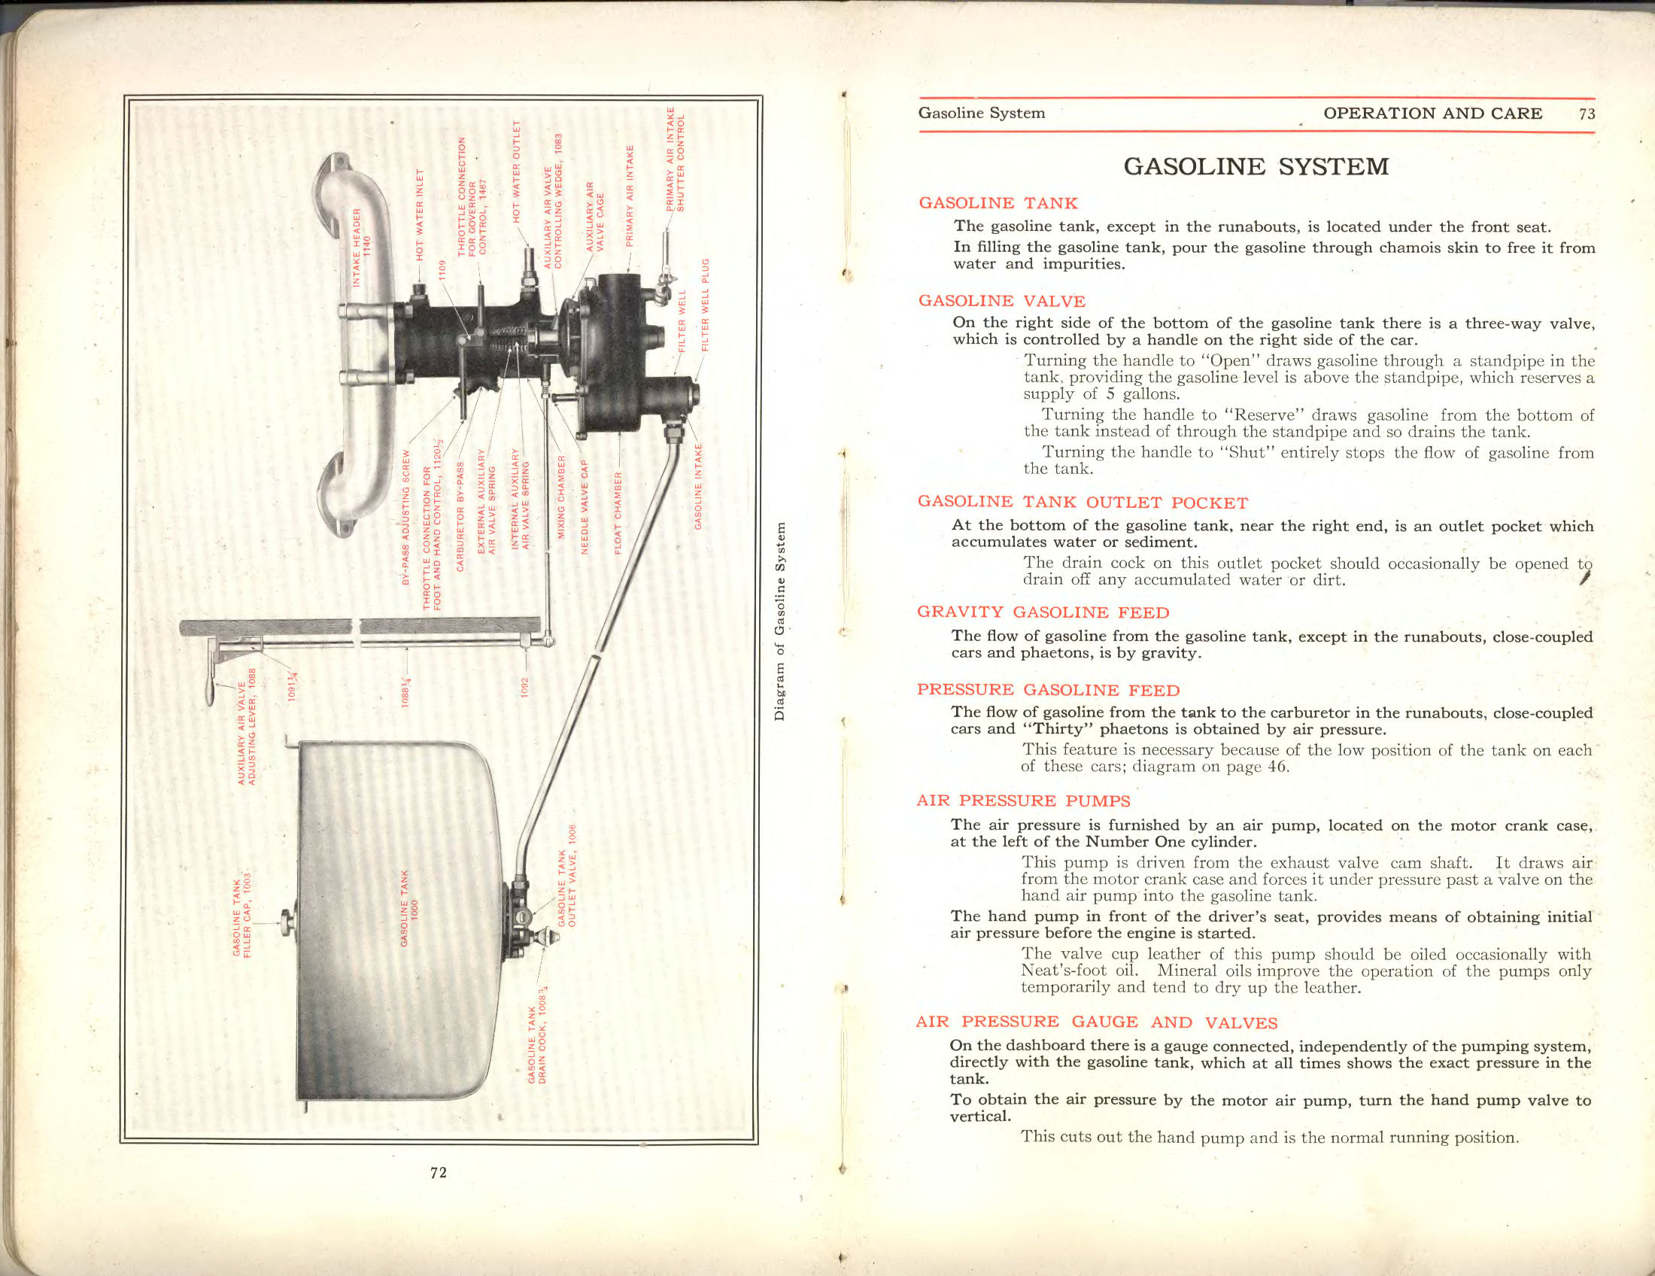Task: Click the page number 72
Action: tap(438, 1172)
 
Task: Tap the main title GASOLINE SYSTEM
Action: tap(1256, 167)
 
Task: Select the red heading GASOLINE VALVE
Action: tap(1002, 301)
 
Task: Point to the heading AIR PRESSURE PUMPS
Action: tap(1023, 801)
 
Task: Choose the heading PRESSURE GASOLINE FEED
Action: tap(1048, 690)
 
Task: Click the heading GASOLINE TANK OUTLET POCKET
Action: tap(1082, 503)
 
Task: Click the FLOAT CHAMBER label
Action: tap(618, 513)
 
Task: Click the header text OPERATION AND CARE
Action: tap(1432, 114)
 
